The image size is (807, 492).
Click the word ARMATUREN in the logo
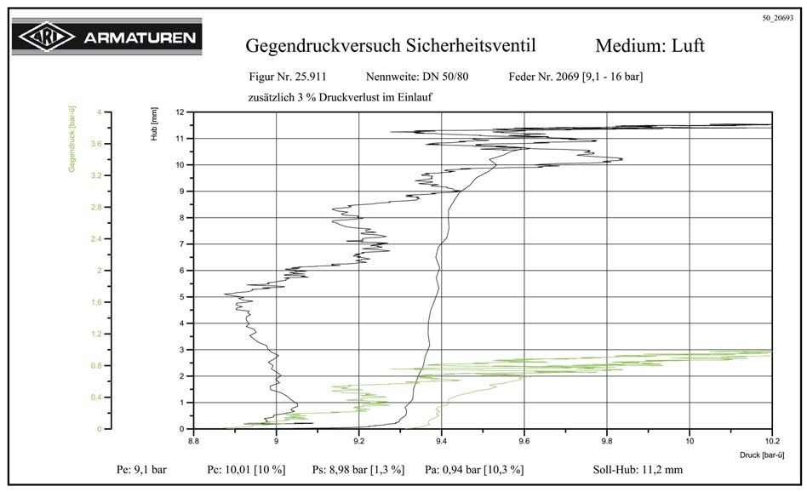click(139, 37)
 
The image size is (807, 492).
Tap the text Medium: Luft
click(650, 45)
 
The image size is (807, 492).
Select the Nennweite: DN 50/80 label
click(417, 77)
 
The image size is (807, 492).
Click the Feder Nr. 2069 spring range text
click(575, 77)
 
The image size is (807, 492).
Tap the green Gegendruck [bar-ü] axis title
click(73, 139)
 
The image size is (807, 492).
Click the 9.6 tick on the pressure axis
click(524, 442)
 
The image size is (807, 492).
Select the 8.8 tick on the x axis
click(194, 442)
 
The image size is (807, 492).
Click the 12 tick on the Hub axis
click(180, 112)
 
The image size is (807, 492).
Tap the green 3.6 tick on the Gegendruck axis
click(95, 144)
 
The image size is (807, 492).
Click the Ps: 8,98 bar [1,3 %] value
click(358, 469)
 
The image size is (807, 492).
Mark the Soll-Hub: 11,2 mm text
click(638, 469)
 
